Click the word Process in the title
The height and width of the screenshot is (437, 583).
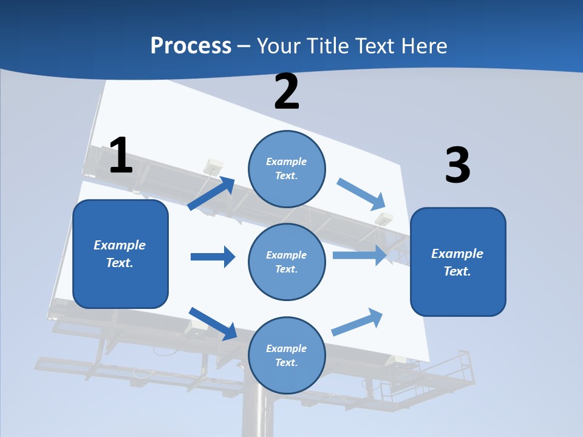click(x=191, y=46)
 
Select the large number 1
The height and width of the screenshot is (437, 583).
click(x=120, y=155)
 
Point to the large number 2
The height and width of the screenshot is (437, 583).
click(x=287, y=92)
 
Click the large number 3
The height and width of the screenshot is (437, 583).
click(x=457, y=166)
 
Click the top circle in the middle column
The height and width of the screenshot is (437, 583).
click(x=287, y=168)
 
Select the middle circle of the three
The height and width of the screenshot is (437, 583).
click(x=287, y=262)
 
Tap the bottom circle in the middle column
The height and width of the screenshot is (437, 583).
click(x=287, y=355)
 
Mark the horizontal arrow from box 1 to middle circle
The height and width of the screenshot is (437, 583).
click(x=213, y=257)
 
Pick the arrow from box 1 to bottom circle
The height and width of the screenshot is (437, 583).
click(x=213, y=324)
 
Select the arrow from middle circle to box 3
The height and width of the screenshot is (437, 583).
click(x=360, y=255)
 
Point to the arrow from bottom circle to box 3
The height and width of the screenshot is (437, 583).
click(x=358, y=322)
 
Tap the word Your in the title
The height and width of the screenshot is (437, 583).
click(x=278, y=46)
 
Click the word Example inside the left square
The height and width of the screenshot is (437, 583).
click(x=120, y=245)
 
